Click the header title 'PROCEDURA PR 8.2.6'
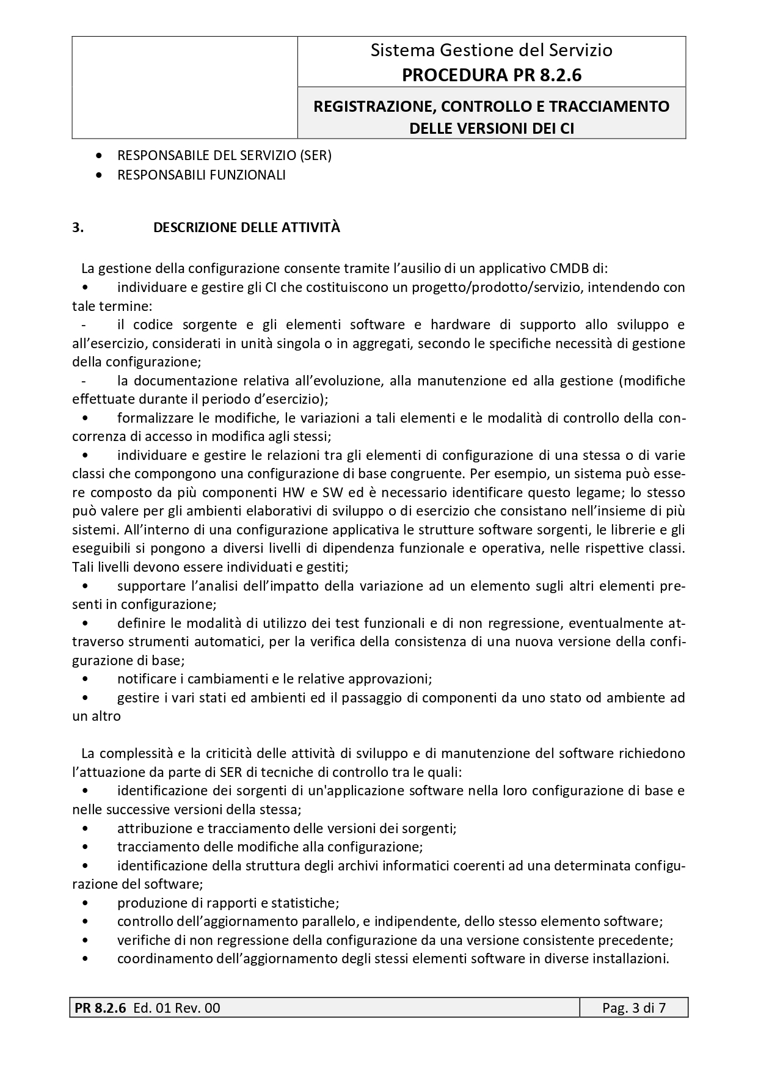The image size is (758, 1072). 491,75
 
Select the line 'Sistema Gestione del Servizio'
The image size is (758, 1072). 491,50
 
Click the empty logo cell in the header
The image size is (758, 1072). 184,87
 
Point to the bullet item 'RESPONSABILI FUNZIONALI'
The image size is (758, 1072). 202,175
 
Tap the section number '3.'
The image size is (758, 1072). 78,228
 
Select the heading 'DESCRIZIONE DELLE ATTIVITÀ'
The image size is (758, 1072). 247,228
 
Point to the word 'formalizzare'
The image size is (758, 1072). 153,418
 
